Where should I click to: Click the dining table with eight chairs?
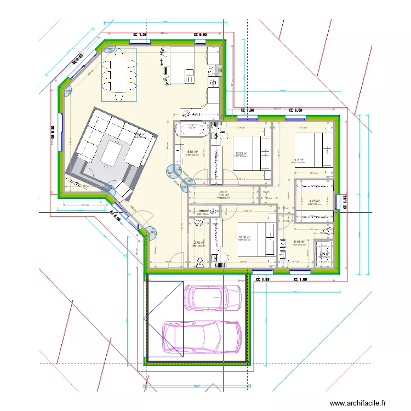click(119, 74)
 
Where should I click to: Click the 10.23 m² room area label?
click(241, 153)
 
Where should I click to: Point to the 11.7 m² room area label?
click(298, 161)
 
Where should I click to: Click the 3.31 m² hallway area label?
click(223, 195)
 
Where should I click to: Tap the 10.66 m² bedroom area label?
click(243, 237)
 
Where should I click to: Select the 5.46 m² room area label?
click(299, 242)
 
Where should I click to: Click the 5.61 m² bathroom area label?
click(192, 152)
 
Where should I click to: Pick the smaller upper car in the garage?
click(214, 297)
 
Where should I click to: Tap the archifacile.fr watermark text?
click(362, 403)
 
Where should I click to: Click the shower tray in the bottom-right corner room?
click(324, 254)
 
